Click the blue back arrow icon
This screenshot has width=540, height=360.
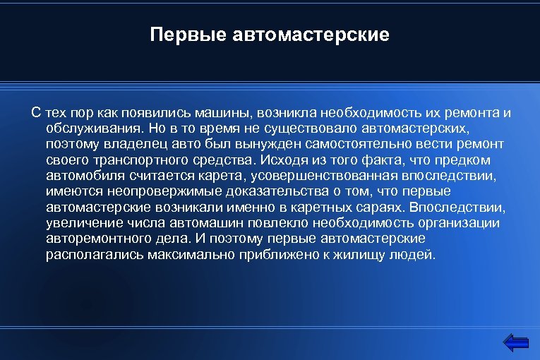[517, 342]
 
